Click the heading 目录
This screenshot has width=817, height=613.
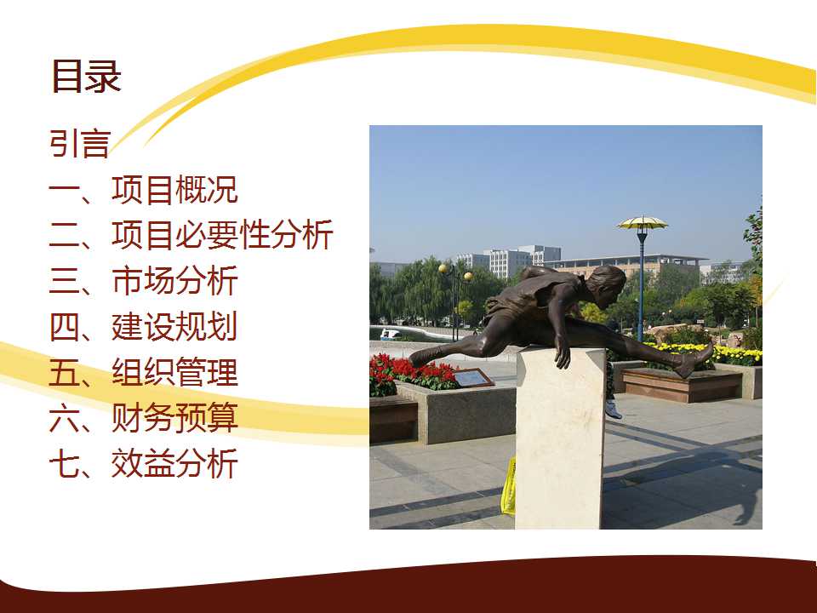[87, 76]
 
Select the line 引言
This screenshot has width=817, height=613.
[80, 143]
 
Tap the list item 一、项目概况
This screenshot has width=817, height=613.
[143, 190]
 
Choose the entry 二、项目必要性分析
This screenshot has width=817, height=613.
[191, 235]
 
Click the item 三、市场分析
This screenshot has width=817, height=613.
[143, 280]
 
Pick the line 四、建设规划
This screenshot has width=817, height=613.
[143, 326]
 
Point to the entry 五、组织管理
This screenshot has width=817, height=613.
[143, 372]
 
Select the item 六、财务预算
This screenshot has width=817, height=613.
[143, 417]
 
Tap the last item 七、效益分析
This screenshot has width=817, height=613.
[143, 463]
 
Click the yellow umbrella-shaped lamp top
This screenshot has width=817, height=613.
[642, 223]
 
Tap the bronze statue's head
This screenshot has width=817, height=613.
[608, 284]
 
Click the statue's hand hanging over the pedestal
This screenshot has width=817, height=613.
[563, 353]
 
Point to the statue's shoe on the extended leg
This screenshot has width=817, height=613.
[695, 359]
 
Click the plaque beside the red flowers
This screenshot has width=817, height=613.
[473, 377]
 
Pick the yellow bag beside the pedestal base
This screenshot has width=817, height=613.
[509, 487]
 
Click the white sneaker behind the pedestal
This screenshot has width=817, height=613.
[614, 410]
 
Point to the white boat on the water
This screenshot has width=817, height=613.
[390, 334]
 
